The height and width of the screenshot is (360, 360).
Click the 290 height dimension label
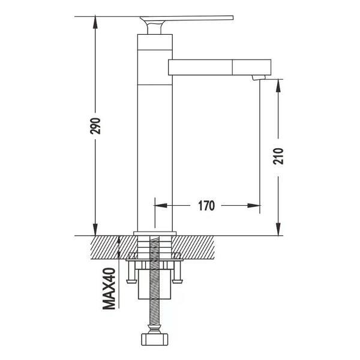95,126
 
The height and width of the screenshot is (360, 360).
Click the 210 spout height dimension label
278,157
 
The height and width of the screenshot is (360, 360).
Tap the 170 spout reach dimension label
206,205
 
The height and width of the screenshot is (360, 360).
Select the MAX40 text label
109,289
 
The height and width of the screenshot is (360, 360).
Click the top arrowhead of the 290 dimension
95,22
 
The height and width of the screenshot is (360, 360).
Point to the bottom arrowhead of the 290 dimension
95,230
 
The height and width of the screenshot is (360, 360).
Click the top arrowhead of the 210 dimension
278,85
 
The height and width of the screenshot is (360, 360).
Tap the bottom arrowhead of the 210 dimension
278,230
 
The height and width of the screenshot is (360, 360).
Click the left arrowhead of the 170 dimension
161,205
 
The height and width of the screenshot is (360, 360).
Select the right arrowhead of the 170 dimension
254,205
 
